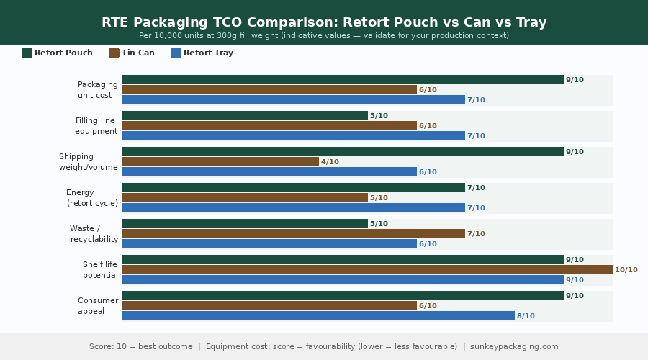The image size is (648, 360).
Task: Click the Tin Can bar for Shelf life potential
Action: pyautogui.click(x=367, y=270)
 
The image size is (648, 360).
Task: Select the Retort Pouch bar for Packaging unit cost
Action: pyautogui.click(x=343, y=80)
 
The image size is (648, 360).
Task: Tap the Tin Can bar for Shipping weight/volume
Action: pyautogui.click(x=220, y=162)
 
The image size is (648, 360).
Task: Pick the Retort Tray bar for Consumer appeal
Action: pyautogui.click(x=318, y=316)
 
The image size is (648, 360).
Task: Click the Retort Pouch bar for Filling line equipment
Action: pyautogui.click(x=245, y=116)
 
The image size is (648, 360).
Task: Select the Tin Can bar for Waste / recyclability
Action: pyautogui.click(x=294, y=234)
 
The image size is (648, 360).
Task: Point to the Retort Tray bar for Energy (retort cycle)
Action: pyautogui.click(x=294, y=208)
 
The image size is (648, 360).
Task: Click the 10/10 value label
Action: pyautogui.click(x=626, y=270)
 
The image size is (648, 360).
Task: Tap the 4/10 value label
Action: pyautogui.click(x=330, y=162)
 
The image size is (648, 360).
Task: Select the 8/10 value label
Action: pyautogui.click(x=526, y=316)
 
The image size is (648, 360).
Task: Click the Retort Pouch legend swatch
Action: pyautogui.click(x=27, y=53)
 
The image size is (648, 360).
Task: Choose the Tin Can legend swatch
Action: pyautogui.click(x=114, y=53)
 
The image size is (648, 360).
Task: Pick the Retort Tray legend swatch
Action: pyautogui.click(x=176, y=53)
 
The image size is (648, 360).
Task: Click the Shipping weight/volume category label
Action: pyautogui.click(x=88, y=162)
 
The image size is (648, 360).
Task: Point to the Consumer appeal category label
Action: pyautogui.click(x=97, y=306)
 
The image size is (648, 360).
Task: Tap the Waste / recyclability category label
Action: pyautogui.click(x=94, y=234)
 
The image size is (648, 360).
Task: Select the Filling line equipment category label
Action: pyautogui.click(x=96, y=126)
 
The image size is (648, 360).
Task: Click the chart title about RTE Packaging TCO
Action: pyautogui.click(x=324, y=22)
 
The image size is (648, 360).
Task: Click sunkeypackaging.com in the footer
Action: pyautogui.click(x=510, y=346)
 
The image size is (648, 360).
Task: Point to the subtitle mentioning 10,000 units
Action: pyautogui.click(x=324, y=35)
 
